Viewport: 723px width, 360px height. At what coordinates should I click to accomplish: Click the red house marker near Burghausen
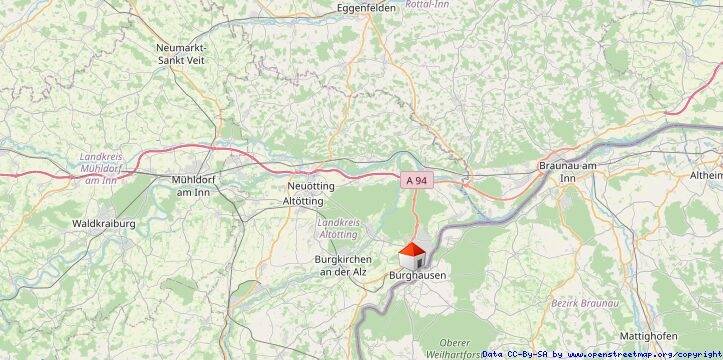pos(412,254)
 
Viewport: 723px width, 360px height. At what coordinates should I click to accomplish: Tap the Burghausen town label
pos(415,272)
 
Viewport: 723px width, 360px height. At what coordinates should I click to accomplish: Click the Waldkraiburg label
pos(104,223)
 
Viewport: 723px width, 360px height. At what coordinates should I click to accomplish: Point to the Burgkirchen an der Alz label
pos(337,265)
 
